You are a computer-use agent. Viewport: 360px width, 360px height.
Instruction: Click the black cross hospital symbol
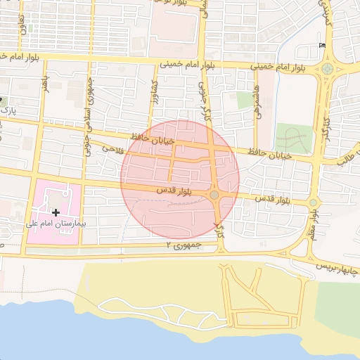(x=56, y=212)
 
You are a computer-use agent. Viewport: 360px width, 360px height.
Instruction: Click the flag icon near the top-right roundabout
(x=322, y=46)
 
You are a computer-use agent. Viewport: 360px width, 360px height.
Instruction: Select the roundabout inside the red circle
(x=214, y=194)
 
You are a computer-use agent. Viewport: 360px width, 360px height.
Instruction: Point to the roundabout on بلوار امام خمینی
(x=327, y=69)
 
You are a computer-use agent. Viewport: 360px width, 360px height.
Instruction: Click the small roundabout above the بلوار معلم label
(x=314, y=203)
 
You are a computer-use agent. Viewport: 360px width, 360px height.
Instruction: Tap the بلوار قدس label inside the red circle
(x=170, y=190)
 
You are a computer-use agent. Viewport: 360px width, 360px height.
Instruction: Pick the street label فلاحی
(x=113, y=148)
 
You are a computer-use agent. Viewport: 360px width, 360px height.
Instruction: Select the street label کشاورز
(x=152, y=91)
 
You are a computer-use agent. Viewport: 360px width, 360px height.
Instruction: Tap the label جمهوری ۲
(x=184, y=245)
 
